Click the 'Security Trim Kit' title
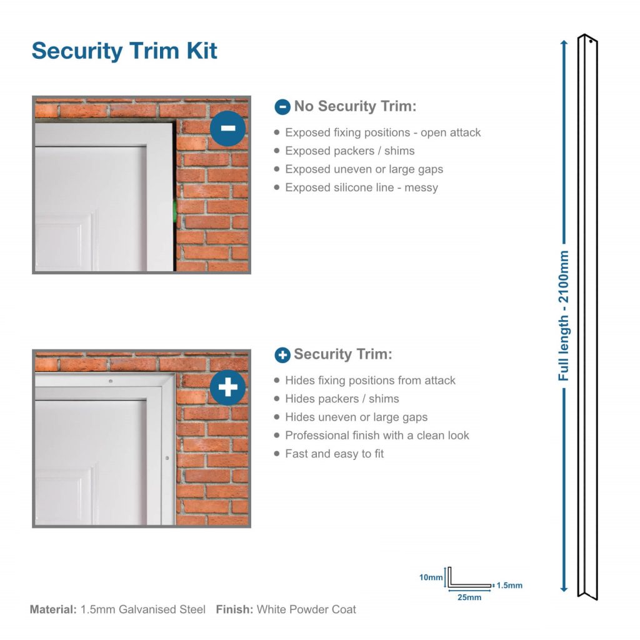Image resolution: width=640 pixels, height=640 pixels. pos(124,51)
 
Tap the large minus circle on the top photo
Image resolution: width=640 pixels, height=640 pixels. pos(227,128)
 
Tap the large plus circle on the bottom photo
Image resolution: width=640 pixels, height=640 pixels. pos(227,387)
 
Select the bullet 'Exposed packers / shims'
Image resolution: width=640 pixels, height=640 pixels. pos(349,151)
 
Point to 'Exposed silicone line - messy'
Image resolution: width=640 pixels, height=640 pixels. pos(361,187)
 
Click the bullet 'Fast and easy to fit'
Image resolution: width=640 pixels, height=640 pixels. pos(334,454)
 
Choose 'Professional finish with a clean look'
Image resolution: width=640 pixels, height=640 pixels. pos(377,436)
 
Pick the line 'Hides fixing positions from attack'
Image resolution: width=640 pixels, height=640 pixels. pos(370,381)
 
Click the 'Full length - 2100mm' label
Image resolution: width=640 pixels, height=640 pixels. pos(564,316)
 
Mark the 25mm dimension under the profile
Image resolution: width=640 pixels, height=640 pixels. pos(469,597)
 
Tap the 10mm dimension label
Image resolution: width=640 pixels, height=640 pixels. pos(431,577)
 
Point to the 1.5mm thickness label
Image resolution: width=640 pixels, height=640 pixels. pos(509,586)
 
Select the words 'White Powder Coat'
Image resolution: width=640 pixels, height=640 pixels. pos(306,609)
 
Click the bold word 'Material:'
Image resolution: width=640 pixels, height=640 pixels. pos(53,609)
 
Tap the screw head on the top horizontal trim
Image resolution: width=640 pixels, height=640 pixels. pos(110,381)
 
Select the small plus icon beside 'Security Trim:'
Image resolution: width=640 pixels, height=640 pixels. pos(282,355)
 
